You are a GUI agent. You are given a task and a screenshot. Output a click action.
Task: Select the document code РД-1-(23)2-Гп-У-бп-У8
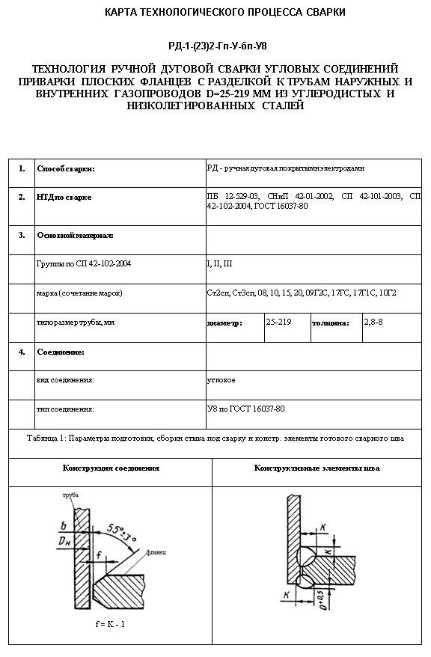point(215,46)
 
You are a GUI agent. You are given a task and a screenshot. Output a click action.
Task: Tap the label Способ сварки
point(66,169)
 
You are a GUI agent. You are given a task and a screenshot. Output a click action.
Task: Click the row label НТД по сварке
point(64,198)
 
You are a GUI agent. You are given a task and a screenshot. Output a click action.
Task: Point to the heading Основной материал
point(75,235)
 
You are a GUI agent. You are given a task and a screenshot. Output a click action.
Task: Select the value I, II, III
point(219,264)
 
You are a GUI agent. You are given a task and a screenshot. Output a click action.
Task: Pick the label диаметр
point(224,324)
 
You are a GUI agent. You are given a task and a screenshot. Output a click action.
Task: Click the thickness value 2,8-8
point(373,321)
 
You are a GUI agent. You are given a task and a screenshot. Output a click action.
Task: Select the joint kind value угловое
point(221,380)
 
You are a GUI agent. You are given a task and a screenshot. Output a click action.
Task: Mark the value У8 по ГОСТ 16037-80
point(245,409)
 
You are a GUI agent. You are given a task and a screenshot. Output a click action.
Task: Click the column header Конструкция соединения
point(111,468)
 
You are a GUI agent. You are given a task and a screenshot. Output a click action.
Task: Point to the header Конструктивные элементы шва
point(317,468)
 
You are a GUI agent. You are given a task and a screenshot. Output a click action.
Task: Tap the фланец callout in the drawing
point(156,551)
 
